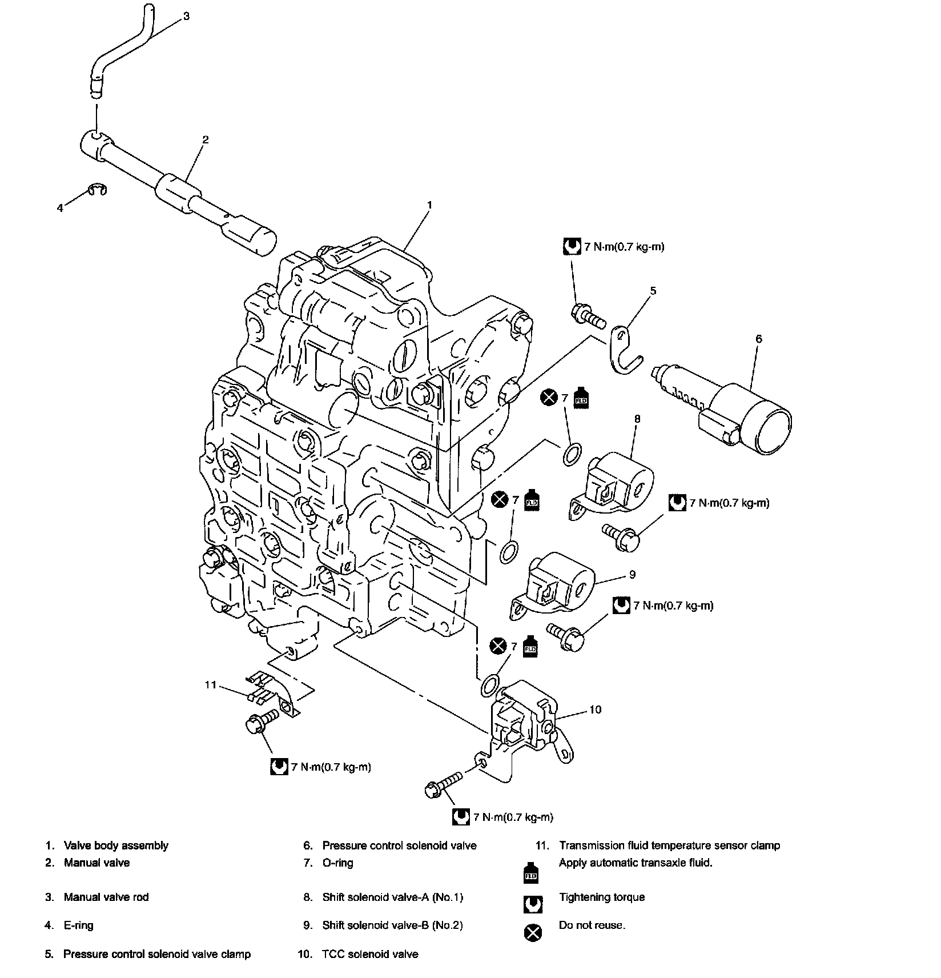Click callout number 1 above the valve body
[x=429, y=205]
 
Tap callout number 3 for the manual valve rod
[x=186, y=17]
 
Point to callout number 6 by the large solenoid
[x=759, y=339]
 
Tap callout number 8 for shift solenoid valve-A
[x=637, y=419]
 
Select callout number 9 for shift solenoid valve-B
[x=632, y=575]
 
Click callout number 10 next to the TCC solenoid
[x=595, y=710]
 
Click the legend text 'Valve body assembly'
[x=116, y=845]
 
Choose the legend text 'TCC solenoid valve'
[x=370, y=954]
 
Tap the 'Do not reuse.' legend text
[x=592, y=925]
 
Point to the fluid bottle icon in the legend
[x=531, y=872]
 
